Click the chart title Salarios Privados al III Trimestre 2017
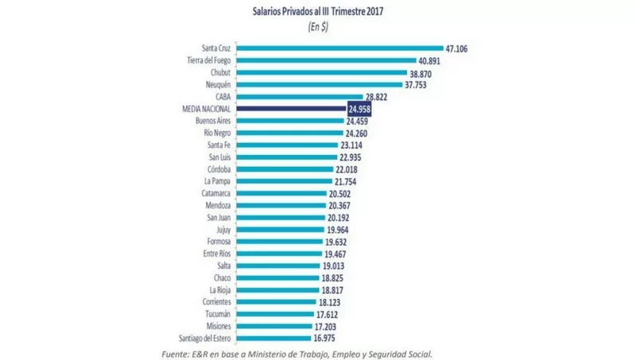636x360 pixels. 318,11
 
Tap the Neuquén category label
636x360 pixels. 216,84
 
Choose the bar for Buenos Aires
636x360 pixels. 290,120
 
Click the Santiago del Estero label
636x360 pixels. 204,338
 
